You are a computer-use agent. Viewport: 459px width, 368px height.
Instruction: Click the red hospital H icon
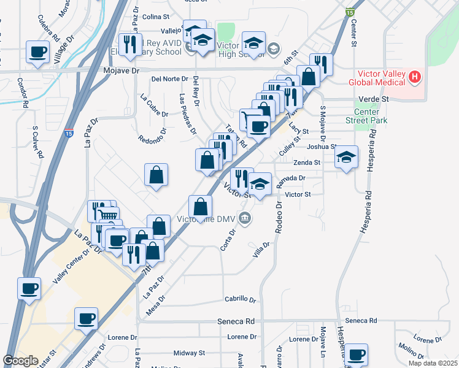pyautogui.click(x=415, y=77)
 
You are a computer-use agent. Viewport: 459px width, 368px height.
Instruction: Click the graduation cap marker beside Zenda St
pyautogui.click(x=347, y=158)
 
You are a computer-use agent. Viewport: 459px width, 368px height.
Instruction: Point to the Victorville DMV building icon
pyautogui.click(x=245, y=218)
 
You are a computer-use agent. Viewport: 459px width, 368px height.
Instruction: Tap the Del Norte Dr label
pyautogui.click(x=169, y=79)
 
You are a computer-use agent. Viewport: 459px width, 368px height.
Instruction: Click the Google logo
pyautogui.click(x=21, y=361)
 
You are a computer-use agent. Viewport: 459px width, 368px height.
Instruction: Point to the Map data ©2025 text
pyautogui.click(x=433, y=363)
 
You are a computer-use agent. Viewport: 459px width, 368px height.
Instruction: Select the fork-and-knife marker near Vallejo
pyautogui.click(x=129, y=44)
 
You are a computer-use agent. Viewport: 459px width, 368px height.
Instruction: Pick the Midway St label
pyautogui.click(x=189, y=353)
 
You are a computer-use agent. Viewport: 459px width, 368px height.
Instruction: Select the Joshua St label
pyautogui.click(x=322, y=147)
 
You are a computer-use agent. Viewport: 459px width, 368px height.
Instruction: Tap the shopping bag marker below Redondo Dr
pyautogui.click(x=156, y=175)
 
